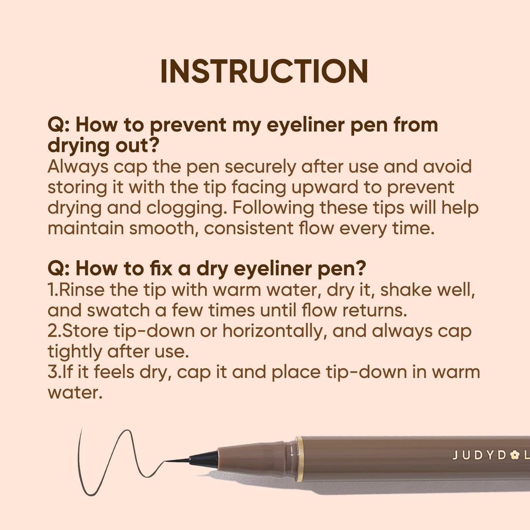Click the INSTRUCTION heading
[x=264, y=71]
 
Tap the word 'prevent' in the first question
[x=188, y=125]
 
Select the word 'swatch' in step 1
[x=118, y=311]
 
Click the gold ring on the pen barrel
[x=300, y=459]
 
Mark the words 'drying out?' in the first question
[x=103, y=146]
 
